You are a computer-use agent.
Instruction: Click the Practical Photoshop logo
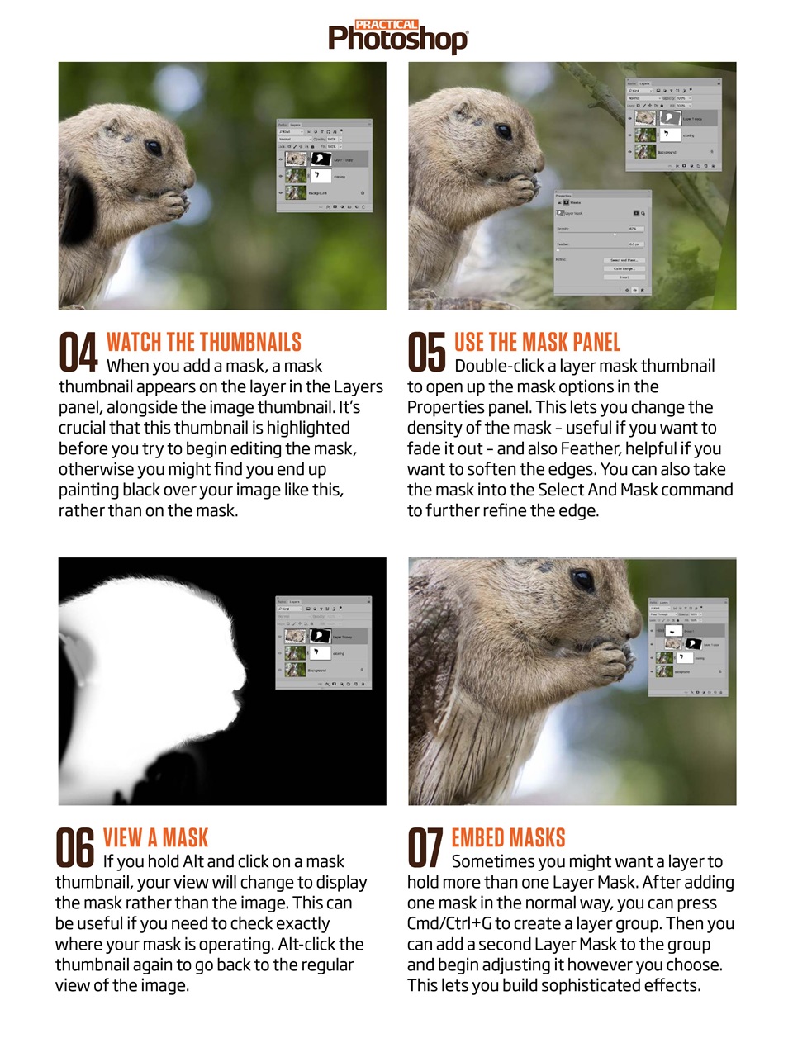tap(397, 37)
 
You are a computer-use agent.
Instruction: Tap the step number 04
tap(78, 352)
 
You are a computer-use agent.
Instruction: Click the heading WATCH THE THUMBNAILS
tap(203, 342)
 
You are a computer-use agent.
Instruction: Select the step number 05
tap(426, 352)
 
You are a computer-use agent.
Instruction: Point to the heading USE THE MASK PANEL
tap(537, 342)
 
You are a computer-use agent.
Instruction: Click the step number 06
tap(75, 847)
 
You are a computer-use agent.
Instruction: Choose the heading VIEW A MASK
tap(155, 837)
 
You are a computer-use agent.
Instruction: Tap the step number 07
tap(425, 847)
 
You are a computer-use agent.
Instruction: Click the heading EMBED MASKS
tap(508, 837)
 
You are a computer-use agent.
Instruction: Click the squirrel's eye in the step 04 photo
tap(154, 147)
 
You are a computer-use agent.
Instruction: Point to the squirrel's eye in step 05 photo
tap(503, 130)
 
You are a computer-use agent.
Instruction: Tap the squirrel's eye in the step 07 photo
tap(582, 580)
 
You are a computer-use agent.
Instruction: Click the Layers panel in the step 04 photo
tap(324, 165)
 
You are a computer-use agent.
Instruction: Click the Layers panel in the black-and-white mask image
tap(323, 642)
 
